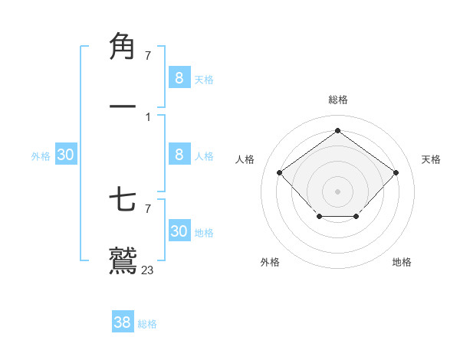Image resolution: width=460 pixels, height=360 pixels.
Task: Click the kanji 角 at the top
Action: [123, 46]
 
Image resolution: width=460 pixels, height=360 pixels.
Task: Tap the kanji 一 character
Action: [123, 106]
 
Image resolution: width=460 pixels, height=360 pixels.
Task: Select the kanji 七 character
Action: [123, 201]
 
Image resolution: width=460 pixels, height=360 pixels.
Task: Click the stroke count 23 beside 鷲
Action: [148, 270]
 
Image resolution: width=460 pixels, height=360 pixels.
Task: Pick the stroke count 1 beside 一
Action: [147, 116]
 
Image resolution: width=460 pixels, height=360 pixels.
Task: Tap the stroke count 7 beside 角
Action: [147, 55]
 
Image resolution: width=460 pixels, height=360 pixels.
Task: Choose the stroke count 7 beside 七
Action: [147, 208]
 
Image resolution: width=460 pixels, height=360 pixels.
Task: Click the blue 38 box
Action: [123, 322]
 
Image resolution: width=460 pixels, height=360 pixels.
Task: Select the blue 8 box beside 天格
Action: [179, 77]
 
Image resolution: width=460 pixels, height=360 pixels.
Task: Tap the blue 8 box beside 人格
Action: [179, 155]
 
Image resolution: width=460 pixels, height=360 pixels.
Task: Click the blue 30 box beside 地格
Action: [179, 231]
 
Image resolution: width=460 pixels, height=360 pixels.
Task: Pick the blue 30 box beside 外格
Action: [66, 155]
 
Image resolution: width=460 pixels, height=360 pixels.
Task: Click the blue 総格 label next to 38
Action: [147, 324]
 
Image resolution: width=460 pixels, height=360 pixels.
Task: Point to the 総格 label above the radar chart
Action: [337, 100]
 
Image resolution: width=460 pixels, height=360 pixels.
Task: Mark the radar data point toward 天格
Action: [396, 172]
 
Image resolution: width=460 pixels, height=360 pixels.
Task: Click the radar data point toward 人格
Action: [280, 172]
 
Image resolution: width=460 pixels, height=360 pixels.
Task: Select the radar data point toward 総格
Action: [337, 131]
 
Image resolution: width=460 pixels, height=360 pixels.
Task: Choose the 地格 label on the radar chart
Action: [402, 262]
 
